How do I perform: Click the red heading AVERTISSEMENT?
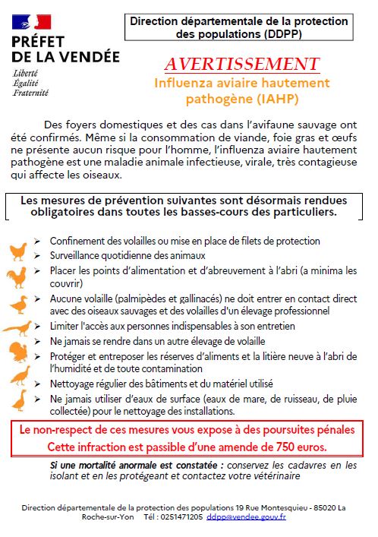coord(242,64)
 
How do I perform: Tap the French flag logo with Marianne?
coord(31,21)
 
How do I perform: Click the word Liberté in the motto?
coord(25,73)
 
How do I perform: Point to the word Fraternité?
coord(31,93)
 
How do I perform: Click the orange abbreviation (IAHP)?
coord(277,99)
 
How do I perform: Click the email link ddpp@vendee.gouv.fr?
coord(246,516)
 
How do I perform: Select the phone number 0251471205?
coord(182,516)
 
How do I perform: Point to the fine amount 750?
coord(284,447)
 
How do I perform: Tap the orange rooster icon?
coord(17,277)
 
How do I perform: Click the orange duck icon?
coord(20,305)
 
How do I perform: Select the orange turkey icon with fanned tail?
coord(19,352)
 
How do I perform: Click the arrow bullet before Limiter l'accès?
coord(37,327)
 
